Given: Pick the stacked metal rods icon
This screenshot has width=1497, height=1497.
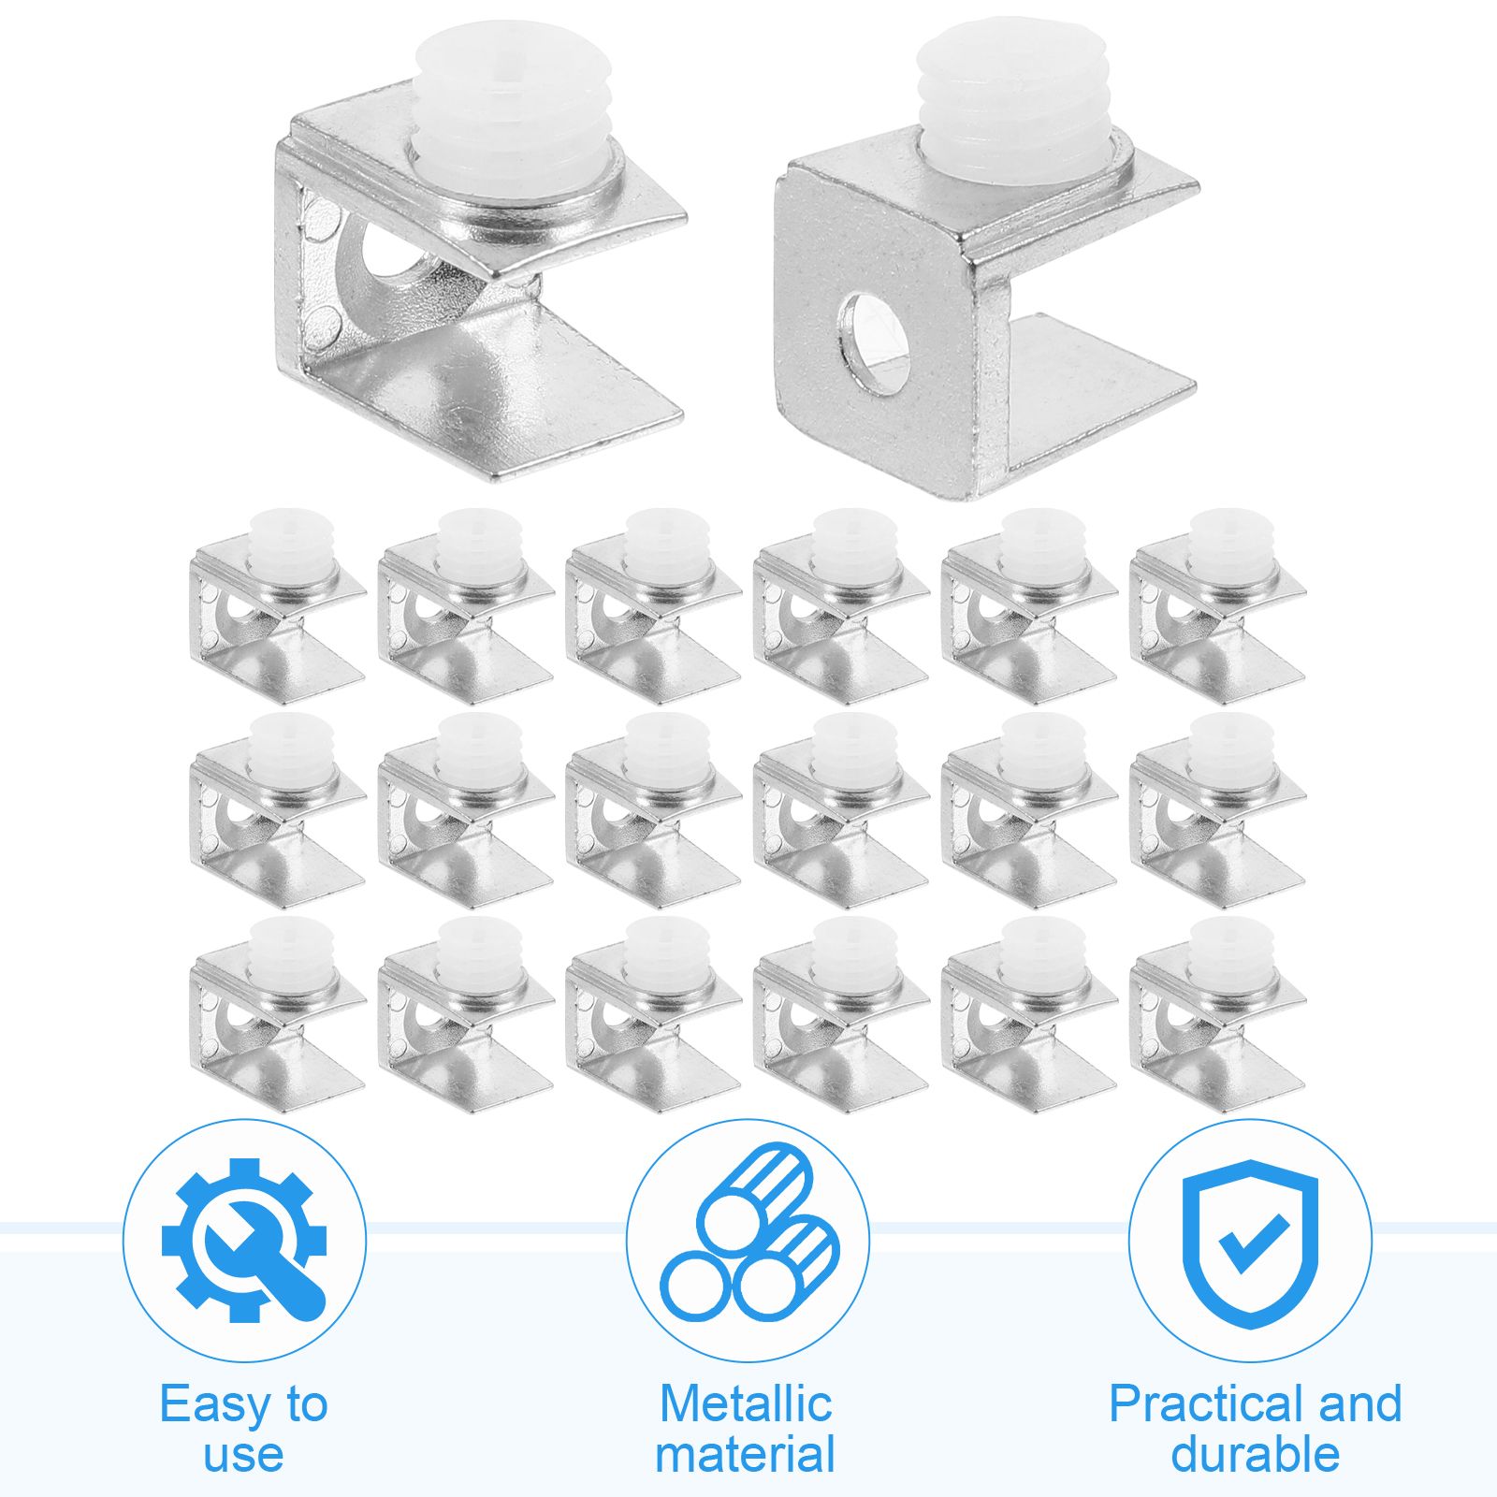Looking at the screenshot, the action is click(x=748, y=1231).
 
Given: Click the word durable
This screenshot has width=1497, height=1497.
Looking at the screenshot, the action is click(x=1255, y=1454).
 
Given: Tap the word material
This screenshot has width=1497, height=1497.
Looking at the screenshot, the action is click(x=746, y=1454).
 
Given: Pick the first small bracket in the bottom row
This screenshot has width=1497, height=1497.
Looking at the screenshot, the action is click(x=277, y=1015).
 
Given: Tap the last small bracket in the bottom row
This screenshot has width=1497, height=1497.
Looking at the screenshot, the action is click(x=1217, y=1015).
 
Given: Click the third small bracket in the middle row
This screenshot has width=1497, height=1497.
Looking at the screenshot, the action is click(x=653, y=811).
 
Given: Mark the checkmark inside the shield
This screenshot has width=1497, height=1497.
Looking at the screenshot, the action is click(x=1252, y=1243).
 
